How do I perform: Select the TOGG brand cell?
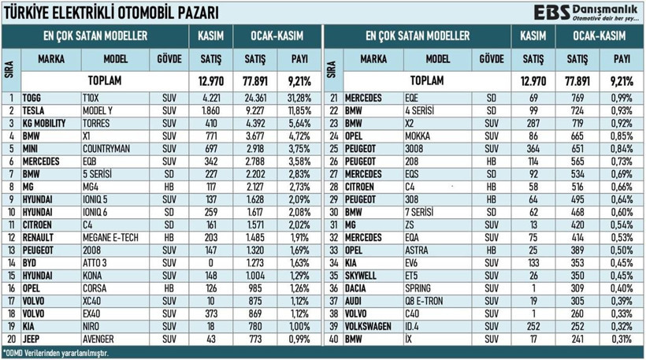32,98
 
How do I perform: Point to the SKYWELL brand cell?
361,276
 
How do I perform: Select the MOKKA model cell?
418,136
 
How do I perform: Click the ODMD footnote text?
55,353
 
